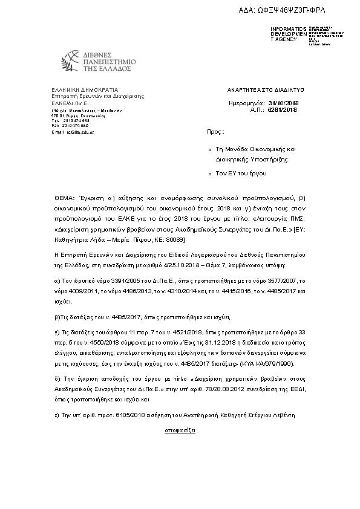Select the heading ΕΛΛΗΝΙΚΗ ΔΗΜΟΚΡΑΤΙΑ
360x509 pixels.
coord(77,89)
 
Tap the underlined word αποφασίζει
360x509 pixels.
coord(180,432)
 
